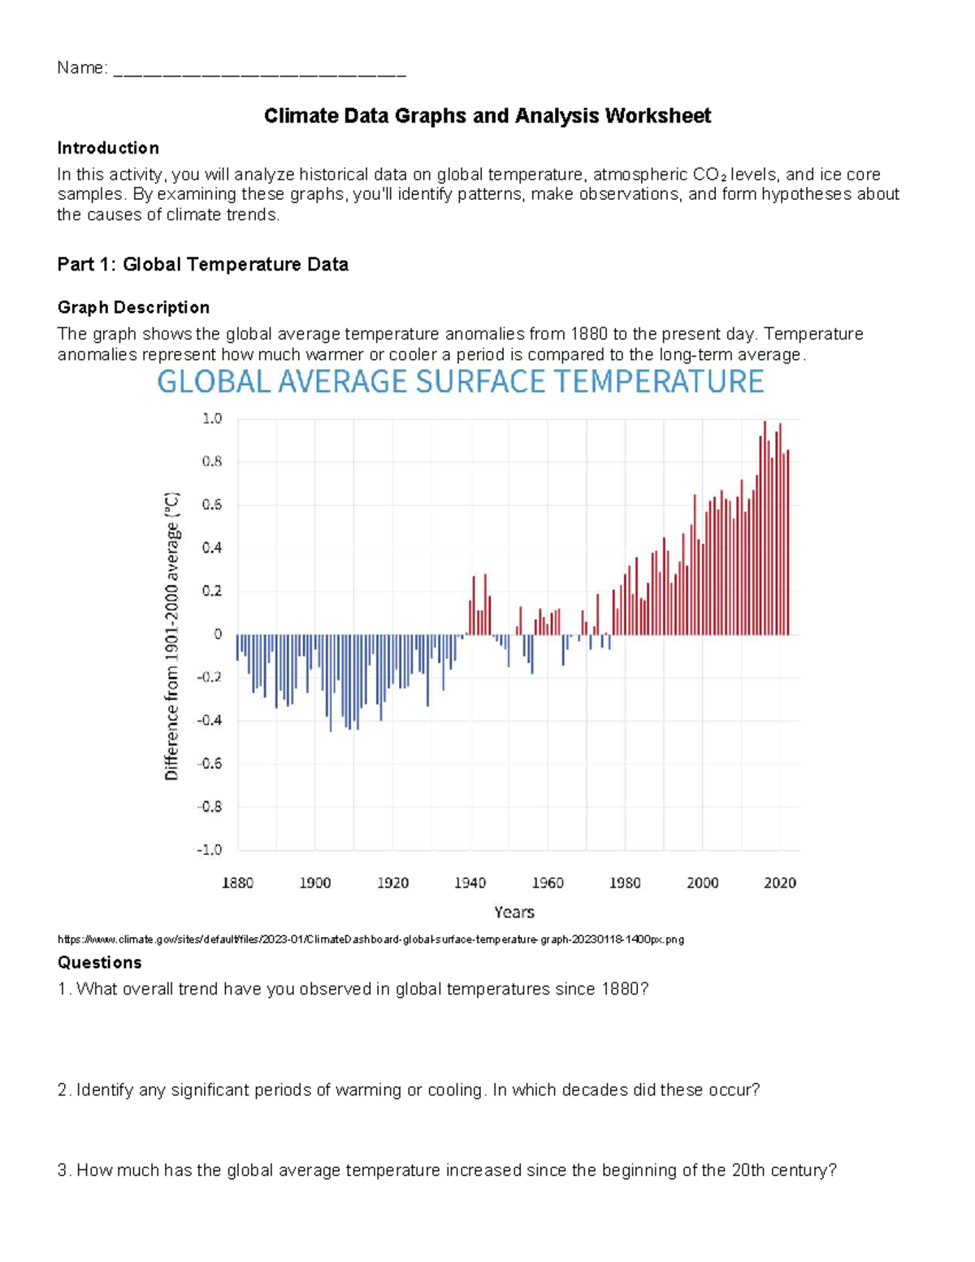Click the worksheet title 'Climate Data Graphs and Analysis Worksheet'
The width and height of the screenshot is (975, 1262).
[x=487, y=116]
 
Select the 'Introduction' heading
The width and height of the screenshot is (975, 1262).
[x=107, y=148]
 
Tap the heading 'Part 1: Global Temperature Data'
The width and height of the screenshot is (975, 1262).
[x=202, y=264]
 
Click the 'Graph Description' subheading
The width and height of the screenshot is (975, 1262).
[x=133, y=307]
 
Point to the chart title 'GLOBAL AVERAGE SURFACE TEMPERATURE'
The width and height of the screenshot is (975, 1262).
[x=460, y=381]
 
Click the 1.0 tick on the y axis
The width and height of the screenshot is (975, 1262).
[x=211, y=418]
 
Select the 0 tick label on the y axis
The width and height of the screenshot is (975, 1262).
[x=218, y=634]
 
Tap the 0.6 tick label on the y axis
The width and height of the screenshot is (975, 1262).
[x=211, y=505]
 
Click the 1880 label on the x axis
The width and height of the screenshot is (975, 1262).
[x=237, y=883]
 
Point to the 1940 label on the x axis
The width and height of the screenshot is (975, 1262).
[x=470, y=883]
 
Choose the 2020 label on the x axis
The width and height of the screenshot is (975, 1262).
[x=779, y=883]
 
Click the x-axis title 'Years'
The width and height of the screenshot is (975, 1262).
[x=514, y=912]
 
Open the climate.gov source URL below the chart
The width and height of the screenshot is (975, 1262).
[x=370, y=939]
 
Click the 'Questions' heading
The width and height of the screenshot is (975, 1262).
[x=99, y=962]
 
